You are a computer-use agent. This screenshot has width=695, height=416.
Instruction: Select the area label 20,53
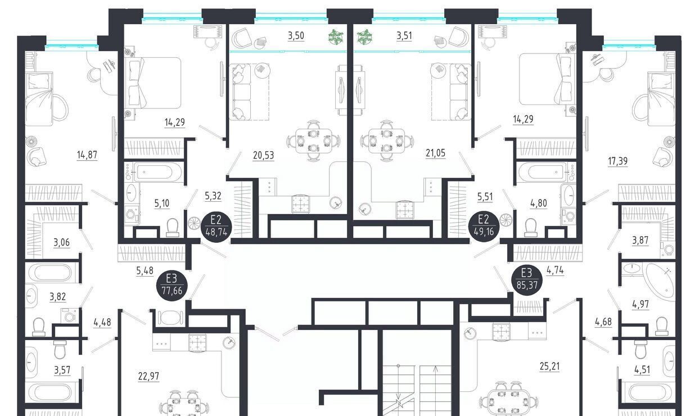(263, 155)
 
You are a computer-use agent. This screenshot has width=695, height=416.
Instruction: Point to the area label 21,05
(435, 153)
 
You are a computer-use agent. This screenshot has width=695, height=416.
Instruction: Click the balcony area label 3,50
(296, 35)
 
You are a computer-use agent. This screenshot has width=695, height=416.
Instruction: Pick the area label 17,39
(617, 161)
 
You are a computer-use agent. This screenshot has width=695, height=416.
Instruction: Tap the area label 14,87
(87, 155)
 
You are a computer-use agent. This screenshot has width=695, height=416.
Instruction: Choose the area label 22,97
(148, 376)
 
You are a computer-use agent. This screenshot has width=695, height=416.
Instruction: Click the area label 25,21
(549, 367)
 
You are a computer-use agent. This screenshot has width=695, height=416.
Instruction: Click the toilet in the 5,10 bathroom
(173, 227)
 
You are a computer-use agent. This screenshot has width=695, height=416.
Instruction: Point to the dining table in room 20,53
(313, 141)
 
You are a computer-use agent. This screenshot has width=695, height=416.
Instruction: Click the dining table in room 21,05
(387, 141)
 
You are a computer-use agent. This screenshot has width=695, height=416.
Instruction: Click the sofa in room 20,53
(240, 92)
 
